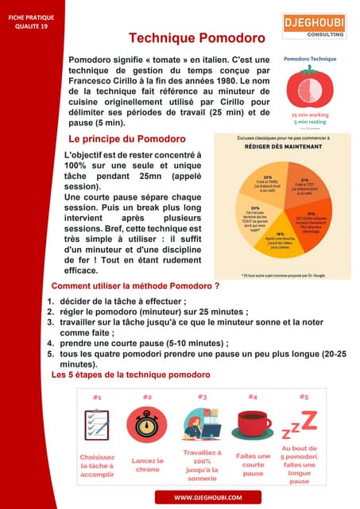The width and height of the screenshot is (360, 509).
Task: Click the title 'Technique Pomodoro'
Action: tap(196, 38)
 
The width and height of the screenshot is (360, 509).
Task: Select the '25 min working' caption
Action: tap(310, 115)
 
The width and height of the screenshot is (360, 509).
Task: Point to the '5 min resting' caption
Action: tap(310, 122)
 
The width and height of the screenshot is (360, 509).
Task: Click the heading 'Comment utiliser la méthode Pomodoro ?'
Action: tap(135, 286)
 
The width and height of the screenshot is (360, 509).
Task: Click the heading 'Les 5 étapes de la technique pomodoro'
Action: tap(131, 374)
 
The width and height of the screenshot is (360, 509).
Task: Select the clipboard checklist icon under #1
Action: tap(97, 425)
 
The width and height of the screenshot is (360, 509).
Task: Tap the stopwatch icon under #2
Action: tap(147, 425)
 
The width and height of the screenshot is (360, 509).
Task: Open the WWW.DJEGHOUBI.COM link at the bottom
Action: tap(207, 497)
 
